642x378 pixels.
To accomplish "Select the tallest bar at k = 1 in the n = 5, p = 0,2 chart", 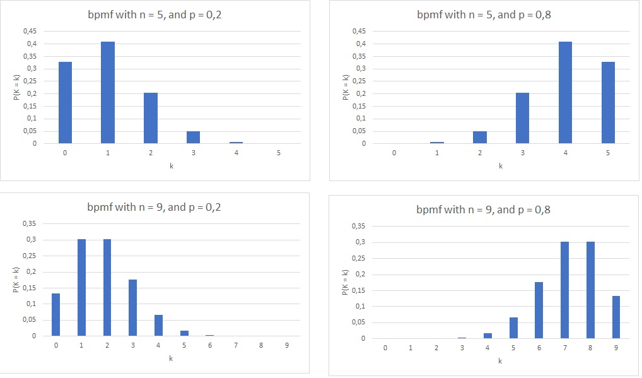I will click(108, 93).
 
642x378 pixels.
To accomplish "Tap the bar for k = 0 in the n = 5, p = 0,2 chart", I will click(65, 103).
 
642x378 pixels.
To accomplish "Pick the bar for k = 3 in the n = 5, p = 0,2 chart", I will click(193, 138).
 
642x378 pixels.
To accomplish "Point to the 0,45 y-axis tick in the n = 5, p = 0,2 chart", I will click(29, 31).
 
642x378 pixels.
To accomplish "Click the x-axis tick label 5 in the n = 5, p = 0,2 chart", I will click(278, 153).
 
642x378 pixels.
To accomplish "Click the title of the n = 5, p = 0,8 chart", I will click(484, 15).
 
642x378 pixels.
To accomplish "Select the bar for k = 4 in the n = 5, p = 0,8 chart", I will click(565, 93).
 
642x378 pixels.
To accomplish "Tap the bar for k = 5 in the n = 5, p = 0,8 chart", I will click(608, 103).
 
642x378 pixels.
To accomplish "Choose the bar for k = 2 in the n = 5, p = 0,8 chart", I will click(480, 138).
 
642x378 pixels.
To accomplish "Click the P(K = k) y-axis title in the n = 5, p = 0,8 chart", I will click(346, 87).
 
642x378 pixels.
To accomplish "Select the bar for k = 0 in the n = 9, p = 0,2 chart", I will click(56, 315).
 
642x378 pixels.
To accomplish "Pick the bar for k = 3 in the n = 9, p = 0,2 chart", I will click(133, 308).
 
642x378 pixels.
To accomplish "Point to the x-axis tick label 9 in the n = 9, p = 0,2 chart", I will click(287, 345).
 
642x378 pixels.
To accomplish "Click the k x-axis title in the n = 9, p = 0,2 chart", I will click(171, 358).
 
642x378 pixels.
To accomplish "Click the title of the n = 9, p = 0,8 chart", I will click(484, 209).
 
